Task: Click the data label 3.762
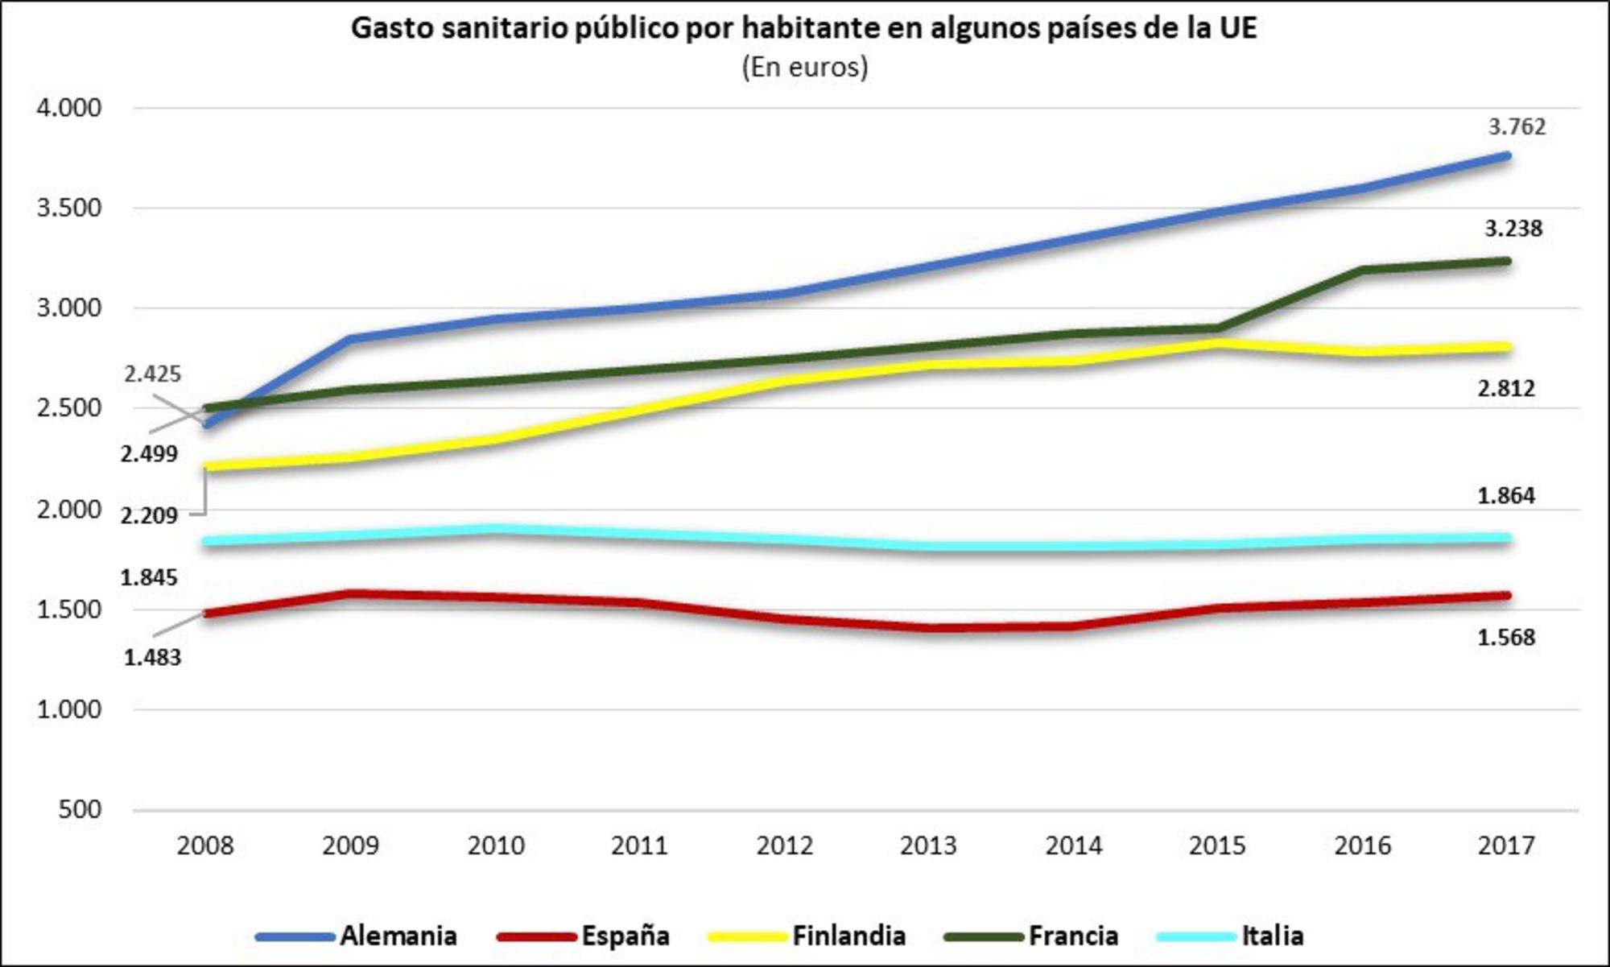pos(1517,126)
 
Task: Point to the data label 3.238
pos(1513,229)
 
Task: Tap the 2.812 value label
pos(1506,389)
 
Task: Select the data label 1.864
pos(1506,496)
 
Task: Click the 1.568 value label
pos(1506,638)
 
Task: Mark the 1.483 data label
pos(152,658)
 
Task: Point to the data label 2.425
pos(152,374)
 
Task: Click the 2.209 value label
pos(149,515)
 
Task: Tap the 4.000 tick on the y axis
pos(69,108)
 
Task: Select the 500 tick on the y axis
pos(80,809)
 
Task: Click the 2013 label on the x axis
pos(927,845)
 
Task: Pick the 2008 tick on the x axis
pos(205,845)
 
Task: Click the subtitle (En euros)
pos(805,67)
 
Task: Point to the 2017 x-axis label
pos(1506,845)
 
